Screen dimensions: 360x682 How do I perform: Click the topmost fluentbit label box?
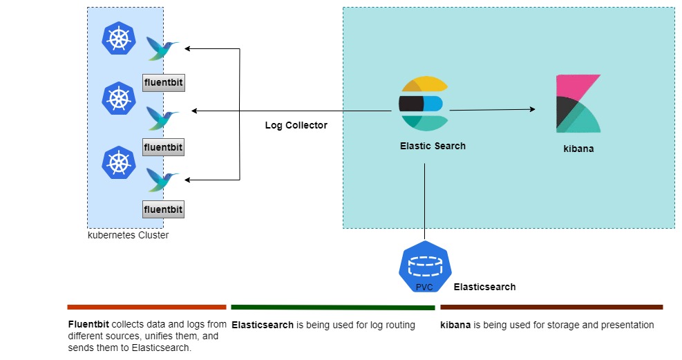pos(164,82)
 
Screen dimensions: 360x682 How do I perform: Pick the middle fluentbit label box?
pos(164,147)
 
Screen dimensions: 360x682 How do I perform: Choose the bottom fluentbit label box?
pos(164,209)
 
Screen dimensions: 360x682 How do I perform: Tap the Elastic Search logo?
pos(423,104)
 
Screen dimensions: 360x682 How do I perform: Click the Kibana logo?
pos(578,104)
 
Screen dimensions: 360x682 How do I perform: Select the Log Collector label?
pos(296,126)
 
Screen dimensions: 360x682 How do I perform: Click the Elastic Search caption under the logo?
pos(433,146)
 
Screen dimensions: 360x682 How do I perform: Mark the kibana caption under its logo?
pos(578,149)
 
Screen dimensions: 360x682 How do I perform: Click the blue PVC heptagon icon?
pos(424,267)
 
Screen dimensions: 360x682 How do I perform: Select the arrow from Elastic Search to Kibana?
pos(492,109)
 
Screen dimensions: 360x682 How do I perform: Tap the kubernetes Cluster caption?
pos(128,235)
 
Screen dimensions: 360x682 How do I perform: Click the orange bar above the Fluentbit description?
pos(146,307)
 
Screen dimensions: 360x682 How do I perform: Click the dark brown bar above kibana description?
pos(551,307)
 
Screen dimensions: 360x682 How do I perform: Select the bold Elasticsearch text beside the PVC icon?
pos(484,287)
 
